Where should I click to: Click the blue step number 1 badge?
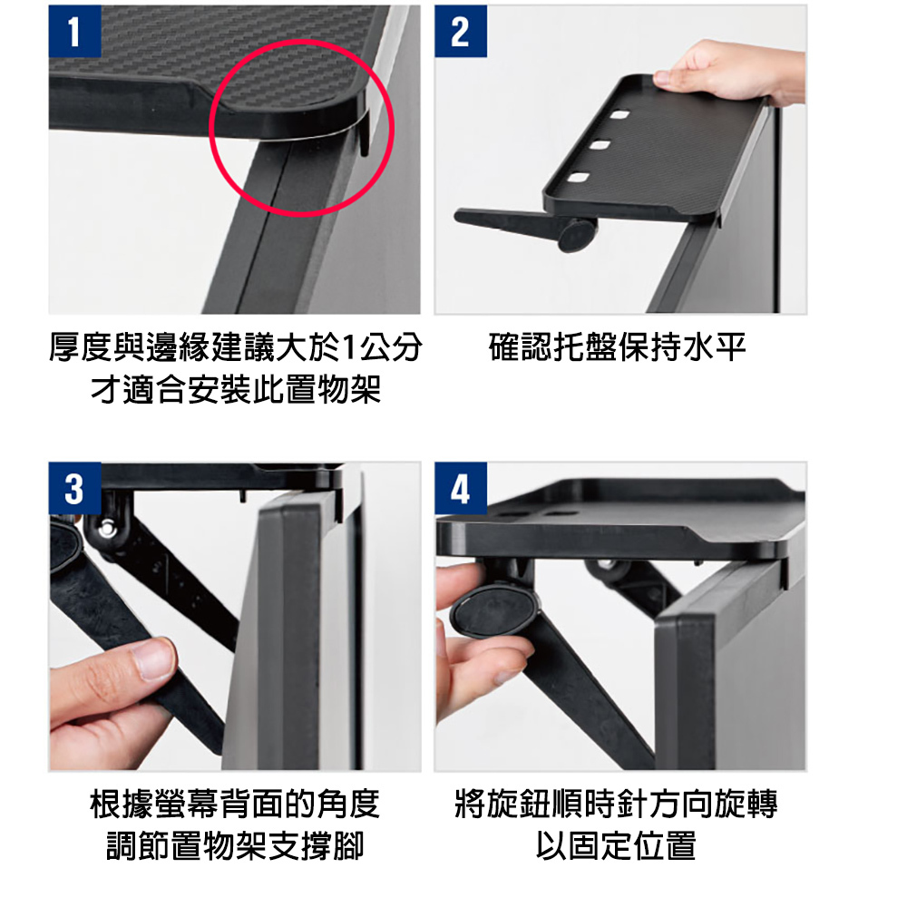point(74,31)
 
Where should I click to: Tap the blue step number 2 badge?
point(461,31)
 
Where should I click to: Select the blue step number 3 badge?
point(74,488)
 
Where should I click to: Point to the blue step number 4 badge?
point(461,488)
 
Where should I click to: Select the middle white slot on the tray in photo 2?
point(600,144)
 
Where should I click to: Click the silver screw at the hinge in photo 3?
point(105,528)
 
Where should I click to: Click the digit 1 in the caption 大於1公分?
point(349,347)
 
